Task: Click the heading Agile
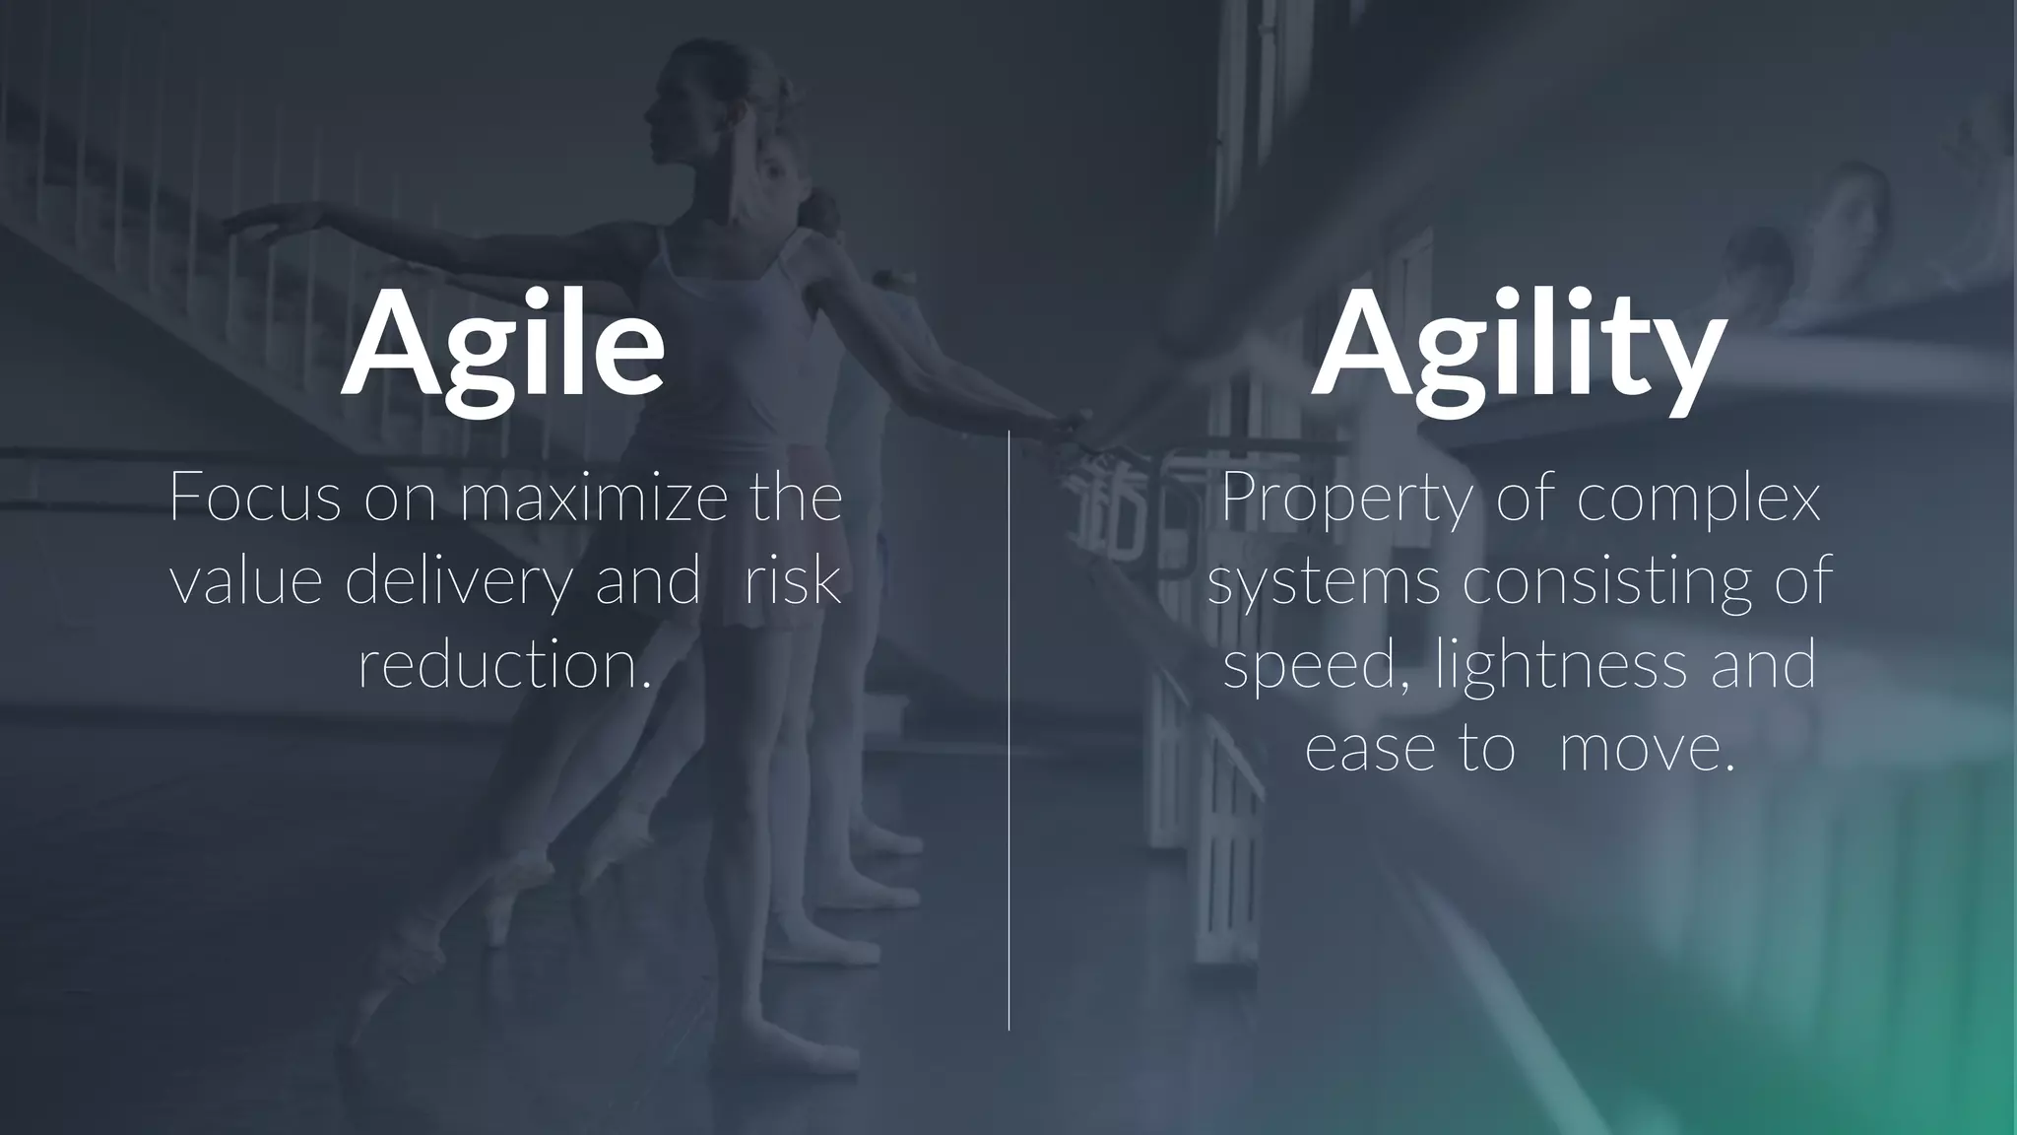coord(502,343)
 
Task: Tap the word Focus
coord(255,498)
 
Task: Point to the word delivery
coord(458,581)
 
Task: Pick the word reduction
coord(505,665)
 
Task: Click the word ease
coord(1370,749)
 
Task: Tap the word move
coord(1646,749)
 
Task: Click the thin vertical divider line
coord(1009,729)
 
